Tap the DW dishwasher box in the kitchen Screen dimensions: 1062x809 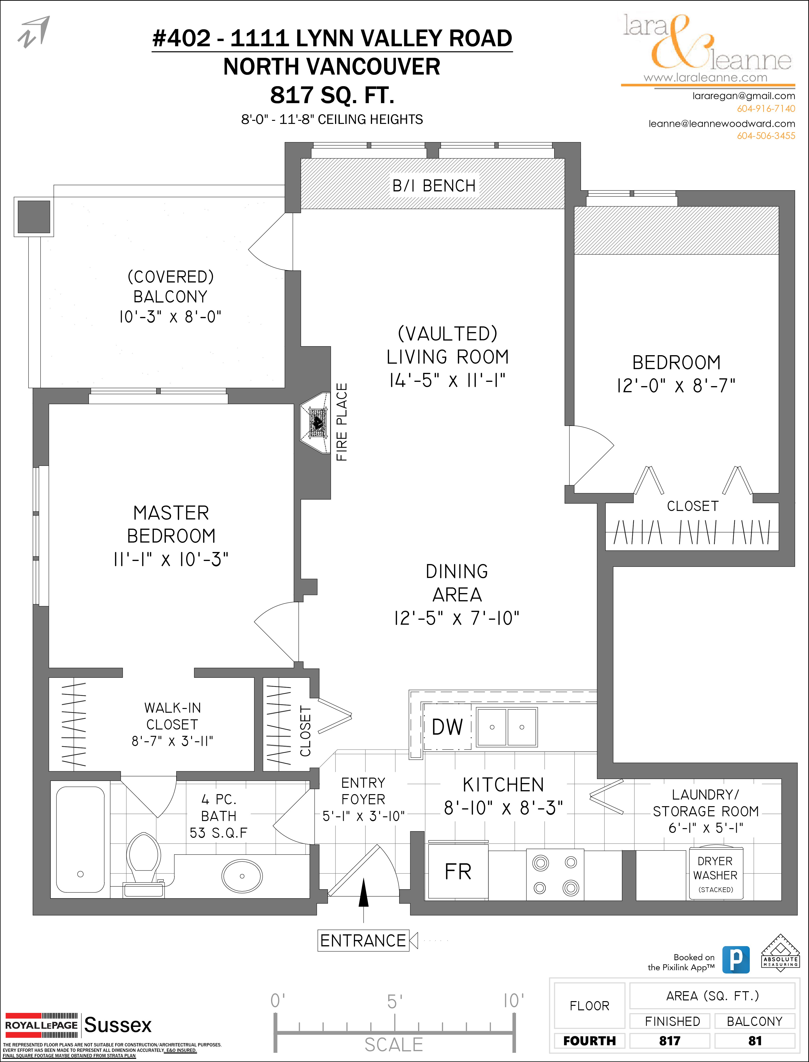point(447,727)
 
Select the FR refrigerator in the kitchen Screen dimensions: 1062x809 point(458,872)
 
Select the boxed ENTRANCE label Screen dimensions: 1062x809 point(363,940)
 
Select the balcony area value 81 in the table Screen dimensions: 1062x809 point(755,1041)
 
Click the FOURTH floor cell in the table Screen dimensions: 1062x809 point(589,1041)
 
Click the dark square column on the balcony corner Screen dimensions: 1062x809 point(34,217)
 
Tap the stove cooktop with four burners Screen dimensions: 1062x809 point(555,875)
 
